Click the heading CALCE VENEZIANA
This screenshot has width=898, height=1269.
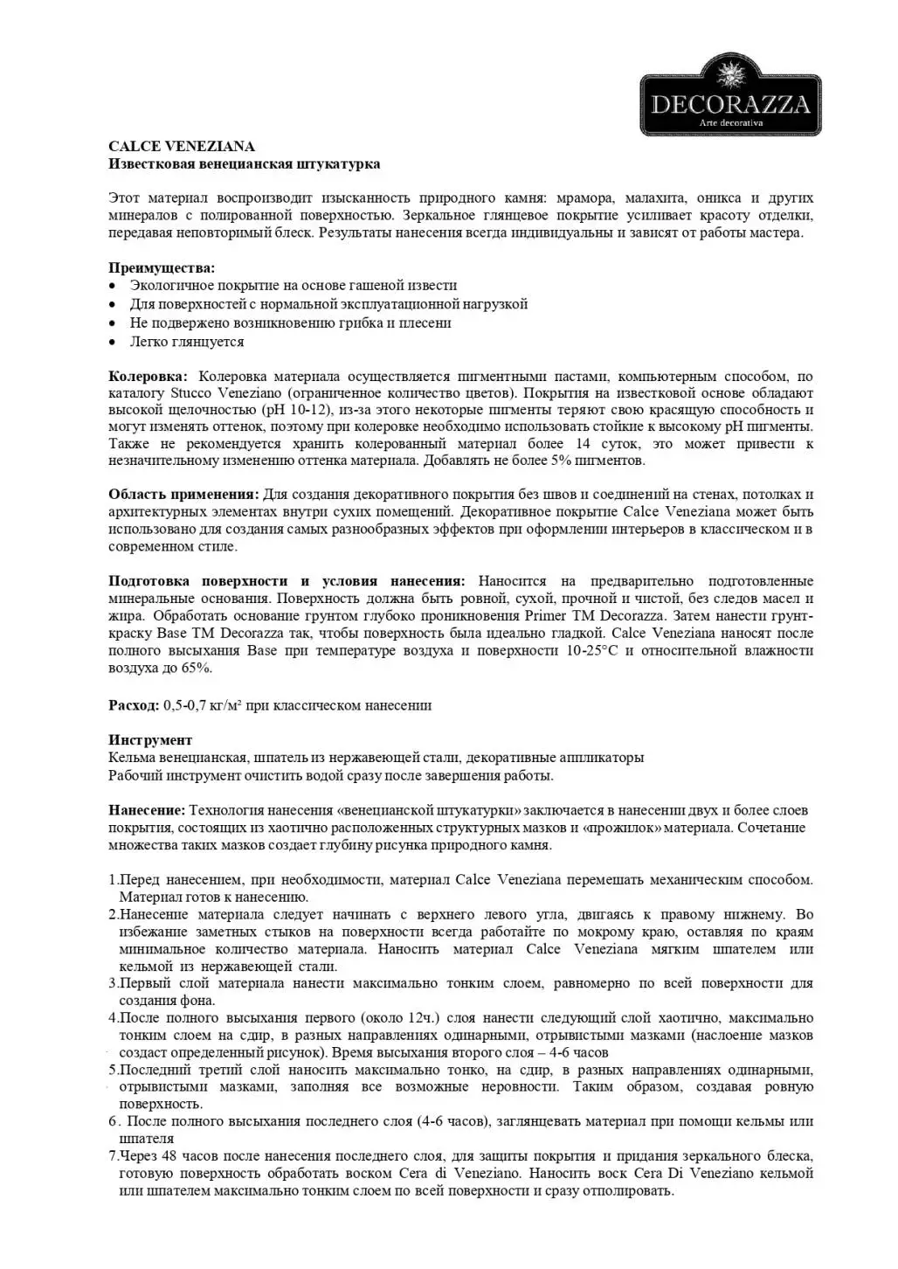coord(182,147)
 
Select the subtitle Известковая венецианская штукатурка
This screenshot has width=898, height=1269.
coord(244,164)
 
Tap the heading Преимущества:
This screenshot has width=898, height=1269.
coord(162,267)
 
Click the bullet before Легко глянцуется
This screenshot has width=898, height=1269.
coord(113,343)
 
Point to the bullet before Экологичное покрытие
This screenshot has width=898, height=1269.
coord(113,286)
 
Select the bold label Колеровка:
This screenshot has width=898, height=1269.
coord(148,377)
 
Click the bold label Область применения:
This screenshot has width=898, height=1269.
coord(183,495)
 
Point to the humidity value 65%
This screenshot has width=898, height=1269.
coord(197,669)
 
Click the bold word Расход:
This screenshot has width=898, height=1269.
coord(134,705)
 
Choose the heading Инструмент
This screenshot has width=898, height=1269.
coord(150,740)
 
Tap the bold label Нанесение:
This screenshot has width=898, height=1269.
coord(147,810)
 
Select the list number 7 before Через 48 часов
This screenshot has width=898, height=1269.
coord(114,1156)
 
